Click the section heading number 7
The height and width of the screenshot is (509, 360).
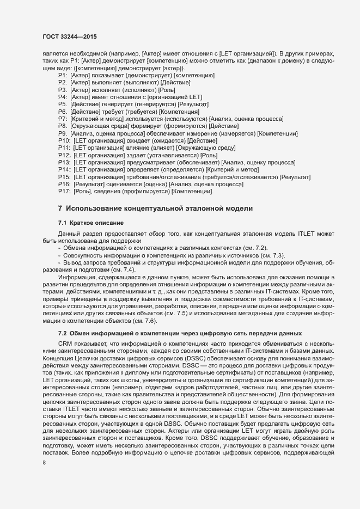pos(60,210)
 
